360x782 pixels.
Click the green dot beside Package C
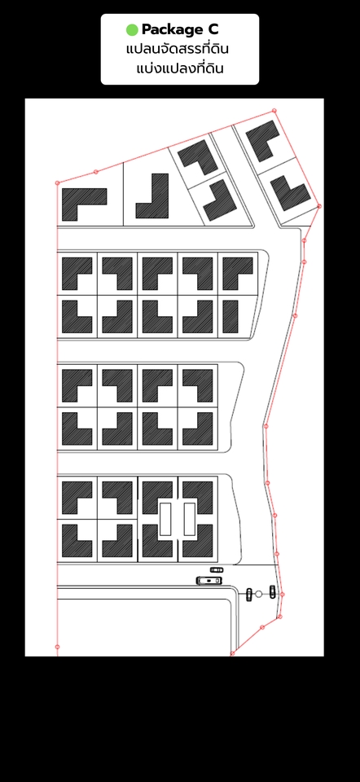pos(132,30)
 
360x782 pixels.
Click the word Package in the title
pos(170,30)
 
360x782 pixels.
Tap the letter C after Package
pos(213,30)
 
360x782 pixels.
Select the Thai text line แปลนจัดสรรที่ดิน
pos(178,50)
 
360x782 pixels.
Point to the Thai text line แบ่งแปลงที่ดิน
pos(179,68)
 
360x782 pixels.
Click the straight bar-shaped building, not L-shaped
pos(230,317)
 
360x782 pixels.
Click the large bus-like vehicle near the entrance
pos(209,581)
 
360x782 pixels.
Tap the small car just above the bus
pos(217,569)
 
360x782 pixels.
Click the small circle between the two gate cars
pos(258,594)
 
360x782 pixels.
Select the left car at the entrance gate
pos(249,594)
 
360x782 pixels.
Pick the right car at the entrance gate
pos(272,591)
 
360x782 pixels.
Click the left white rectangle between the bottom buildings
pos(165,519)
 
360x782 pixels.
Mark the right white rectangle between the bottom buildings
pos(190,519)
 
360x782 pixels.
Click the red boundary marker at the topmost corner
pos(274,111)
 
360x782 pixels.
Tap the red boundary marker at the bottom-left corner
pos(57,647)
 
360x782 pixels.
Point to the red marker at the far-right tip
pos(319,206)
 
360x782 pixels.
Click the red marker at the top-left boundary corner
pos(57,183)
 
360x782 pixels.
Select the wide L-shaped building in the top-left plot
pos(84,204)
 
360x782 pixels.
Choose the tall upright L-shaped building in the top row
pos(152,196)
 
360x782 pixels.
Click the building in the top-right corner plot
pos(263,140)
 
